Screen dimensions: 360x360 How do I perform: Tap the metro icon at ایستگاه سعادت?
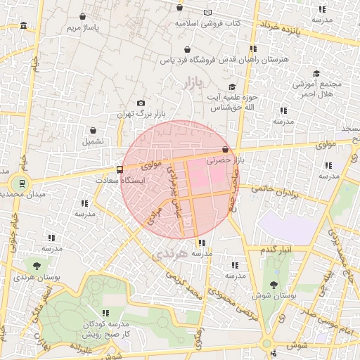[119, 169]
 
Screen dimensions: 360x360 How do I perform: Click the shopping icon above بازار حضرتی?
[225, 150]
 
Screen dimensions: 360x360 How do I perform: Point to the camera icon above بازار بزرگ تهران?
[141, 103]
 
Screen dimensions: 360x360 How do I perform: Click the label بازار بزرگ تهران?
[134, 113]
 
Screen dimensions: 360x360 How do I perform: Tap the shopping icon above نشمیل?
[94, 130]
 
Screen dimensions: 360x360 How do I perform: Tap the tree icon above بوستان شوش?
[274, 285]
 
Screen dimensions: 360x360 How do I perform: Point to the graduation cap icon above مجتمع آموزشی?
[316, 73]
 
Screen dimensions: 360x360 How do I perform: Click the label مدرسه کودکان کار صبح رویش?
[106, 329]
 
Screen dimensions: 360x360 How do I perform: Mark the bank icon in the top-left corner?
[24, 26]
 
